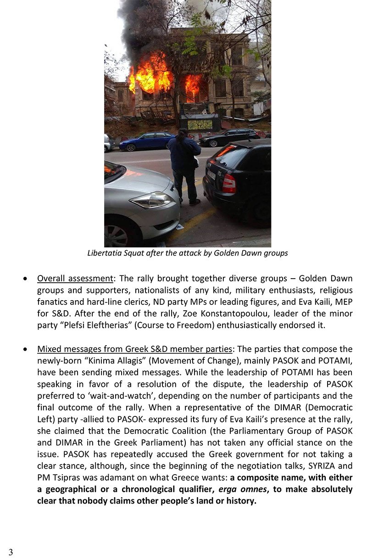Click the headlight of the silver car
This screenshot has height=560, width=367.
click(x=152, y=200)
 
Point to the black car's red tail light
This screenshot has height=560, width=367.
click(x=228, y=183)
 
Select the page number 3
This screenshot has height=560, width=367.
click(x=11, y=552)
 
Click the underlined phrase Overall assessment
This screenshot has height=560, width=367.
click(x=75, y=279)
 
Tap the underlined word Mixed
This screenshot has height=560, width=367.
click(x=49, y=349)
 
